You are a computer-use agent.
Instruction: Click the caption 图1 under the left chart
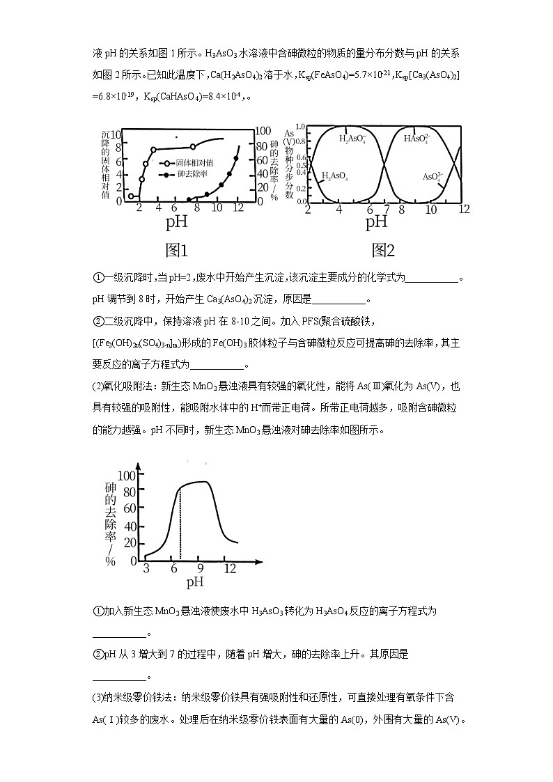(177, 250)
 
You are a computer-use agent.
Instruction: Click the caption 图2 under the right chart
(383, 250)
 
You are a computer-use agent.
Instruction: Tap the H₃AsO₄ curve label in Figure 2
(334, 176)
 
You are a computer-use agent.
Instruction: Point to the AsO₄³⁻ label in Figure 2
(432, 177)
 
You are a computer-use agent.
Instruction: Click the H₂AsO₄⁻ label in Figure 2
(352, 139)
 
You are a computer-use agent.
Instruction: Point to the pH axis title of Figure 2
(377, 223)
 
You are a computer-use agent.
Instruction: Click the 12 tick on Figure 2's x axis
(465, 210)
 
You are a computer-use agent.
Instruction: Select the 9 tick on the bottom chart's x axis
(200, 568)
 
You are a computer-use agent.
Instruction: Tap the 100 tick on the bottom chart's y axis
(128, 476)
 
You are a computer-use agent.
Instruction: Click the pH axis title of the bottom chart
(195, 582)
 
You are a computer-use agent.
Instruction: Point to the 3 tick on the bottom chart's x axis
(146, 568)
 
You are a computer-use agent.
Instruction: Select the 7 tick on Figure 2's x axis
(387, 210)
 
